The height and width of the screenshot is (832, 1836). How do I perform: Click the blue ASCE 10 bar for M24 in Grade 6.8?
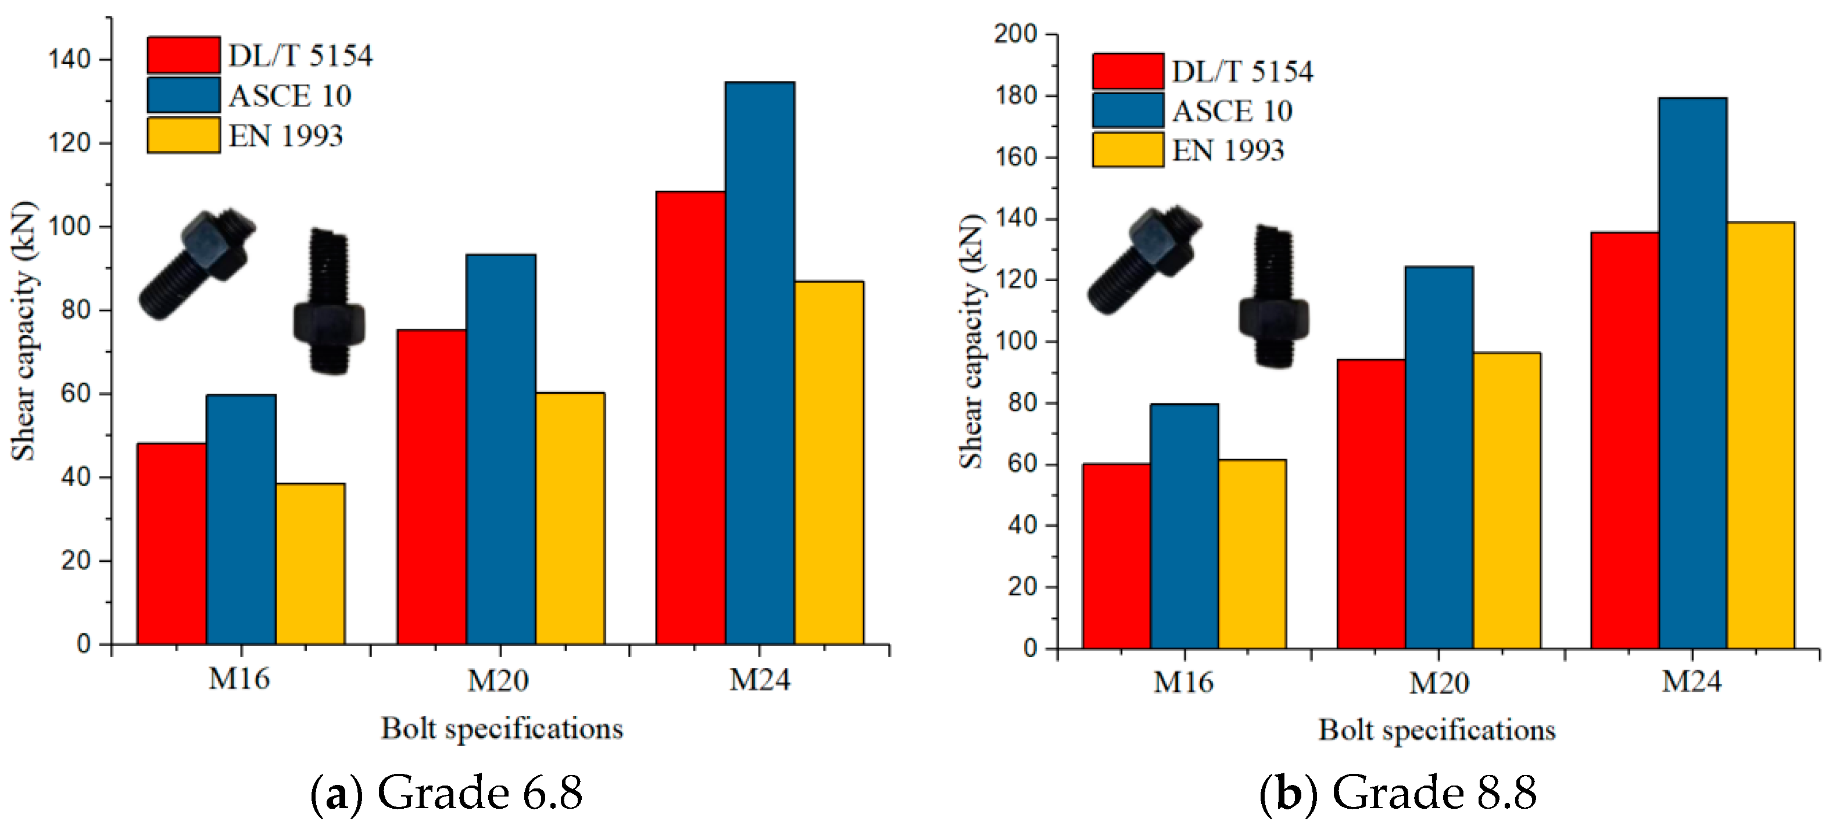coord(760,363)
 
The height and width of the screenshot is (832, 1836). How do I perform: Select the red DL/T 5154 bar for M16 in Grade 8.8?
coord(1116,555)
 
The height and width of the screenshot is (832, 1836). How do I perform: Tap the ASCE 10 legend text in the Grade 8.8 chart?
coord(1232,111)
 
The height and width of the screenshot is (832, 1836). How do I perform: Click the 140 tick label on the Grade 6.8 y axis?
coord(69,59)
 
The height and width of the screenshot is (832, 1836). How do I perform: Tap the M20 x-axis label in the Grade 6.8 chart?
coord(498,680)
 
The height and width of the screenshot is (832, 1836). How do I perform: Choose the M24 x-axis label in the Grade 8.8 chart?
coord(1691,681)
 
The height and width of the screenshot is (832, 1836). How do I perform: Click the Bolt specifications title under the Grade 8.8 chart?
coord(1436,730)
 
